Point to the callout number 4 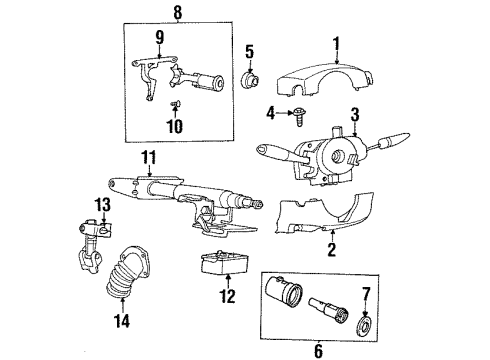(x=269, y=112)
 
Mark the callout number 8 (x=178, y=14)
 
